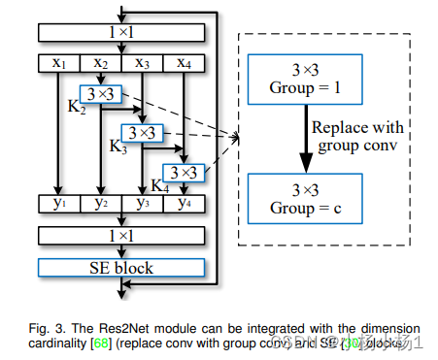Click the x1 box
coord(58,64)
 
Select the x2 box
coord(100,64)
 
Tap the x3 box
coord(142,64)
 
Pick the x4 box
coord(183,64)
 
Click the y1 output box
coord(58,204)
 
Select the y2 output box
coord(100,204)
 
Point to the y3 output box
coord(142,204)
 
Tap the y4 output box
coord(183,204)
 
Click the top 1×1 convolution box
coord(120,33)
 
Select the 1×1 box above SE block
coord(120,235)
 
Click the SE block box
coord(120,266)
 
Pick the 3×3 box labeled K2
coord(100,94)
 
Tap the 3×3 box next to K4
coord(184,172)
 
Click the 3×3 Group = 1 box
coord(305,79)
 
